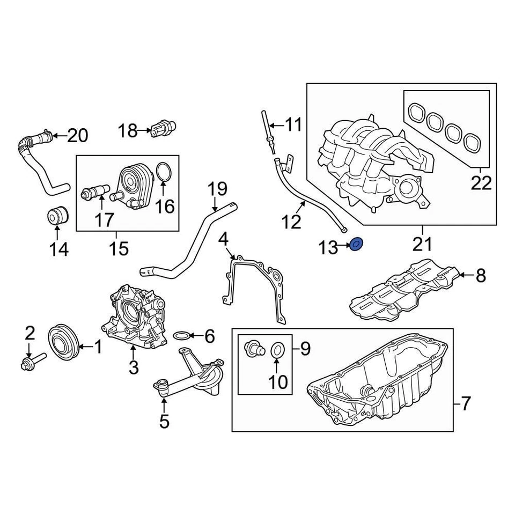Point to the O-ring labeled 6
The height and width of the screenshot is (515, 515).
(x=182, y=336)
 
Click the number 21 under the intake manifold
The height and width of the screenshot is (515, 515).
(x=422, y=245)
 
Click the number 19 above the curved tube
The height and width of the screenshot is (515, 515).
(x=217, y=189)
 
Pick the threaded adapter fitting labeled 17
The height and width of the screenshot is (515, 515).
(x=95, y=192)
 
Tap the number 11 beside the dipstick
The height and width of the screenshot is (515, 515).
(x=293, y=126)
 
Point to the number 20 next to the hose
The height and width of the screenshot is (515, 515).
(x=78, y=136)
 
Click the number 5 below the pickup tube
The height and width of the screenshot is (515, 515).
(x=164, y=421)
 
